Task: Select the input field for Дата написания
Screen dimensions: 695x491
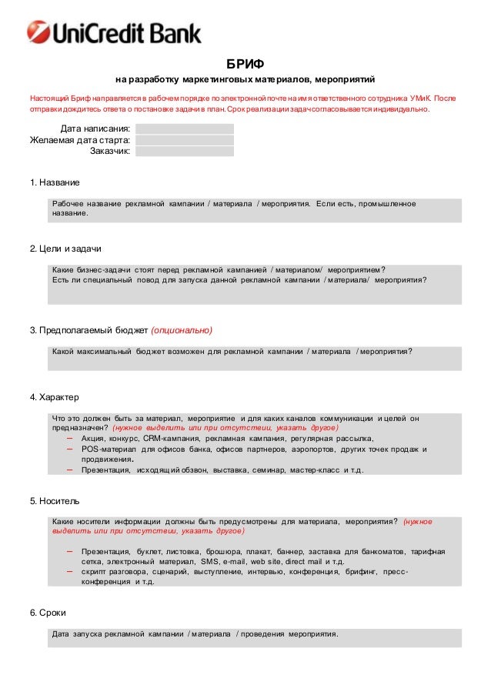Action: (185, 129)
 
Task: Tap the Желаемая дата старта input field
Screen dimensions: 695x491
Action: (185, 140)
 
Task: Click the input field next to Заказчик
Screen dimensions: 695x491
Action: (185, 152)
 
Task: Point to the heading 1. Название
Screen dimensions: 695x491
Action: (55, 182)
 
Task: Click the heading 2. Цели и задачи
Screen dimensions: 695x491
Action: (65, 249)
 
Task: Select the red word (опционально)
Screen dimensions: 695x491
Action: (182, 330)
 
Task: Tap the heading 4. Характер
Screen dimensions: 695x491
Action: (55, 397)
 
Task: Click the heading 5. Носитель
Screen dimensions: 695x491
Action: (55, 501)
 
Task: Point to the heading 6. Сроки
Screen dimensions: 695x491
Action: (48, 613)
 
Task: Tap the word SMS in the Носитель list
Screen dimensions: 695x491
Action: (209, 562)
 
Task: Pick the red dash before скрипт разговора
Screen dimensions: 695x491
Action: (69, 572)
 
